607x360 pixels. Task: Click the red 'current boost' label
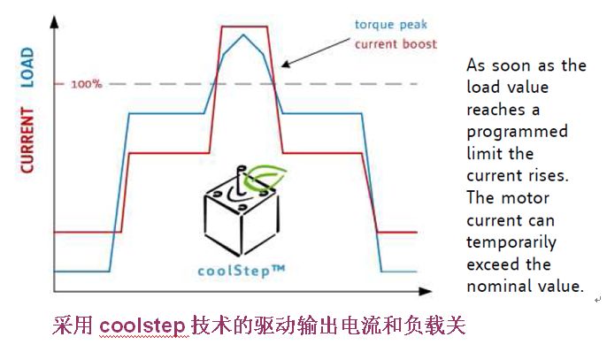(396, 44)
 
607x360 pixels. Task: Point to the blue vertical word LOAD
(26, 67)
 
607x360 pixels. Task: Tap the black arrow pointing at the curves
(319, 54)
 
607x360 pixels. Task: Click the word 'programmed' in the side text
(517, 132)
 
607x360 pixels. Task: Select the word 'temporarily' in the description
(512, 242)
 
